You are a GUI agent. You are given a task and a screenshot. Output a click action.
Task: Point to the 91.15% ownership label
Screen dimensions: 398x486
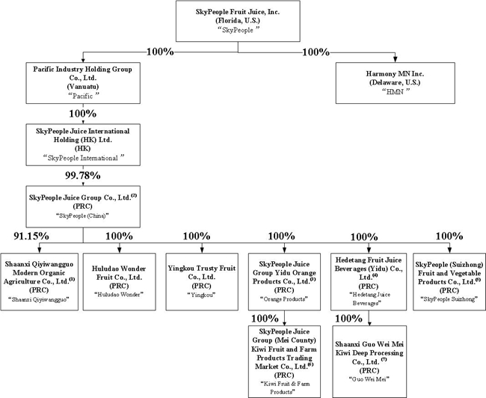(x=28, y=236)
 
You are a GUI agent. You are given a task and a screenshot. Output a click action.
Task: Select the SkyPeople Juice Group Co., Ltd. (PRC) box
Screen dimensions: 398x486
(x=82, y=205)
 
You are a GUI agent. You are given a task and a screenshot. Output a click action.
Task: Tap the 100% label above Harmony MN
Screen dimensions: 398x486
(x=319, y=52)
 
